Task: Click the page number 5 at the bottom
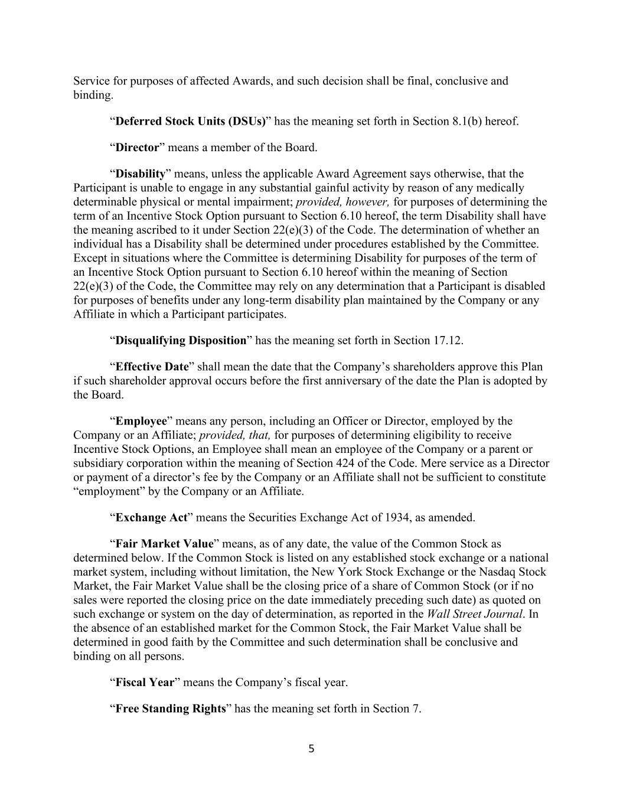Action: click(311, 749)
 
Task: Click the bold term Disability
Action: click(140, 174)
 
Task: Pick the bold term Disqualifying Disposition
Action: click(181, 341)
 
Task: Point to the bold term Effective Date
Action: click(152, 367)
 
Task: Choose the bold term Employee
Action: click(141, 421)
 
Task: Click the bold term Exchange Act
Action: click(151, 518)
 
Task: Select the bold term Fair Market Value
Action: click(164, 544)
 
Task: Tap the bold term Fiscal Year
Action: click(145, 683)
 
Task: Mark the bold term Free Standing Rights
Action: click(171, 709)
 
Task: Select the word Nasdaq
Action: click(495, 572)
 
